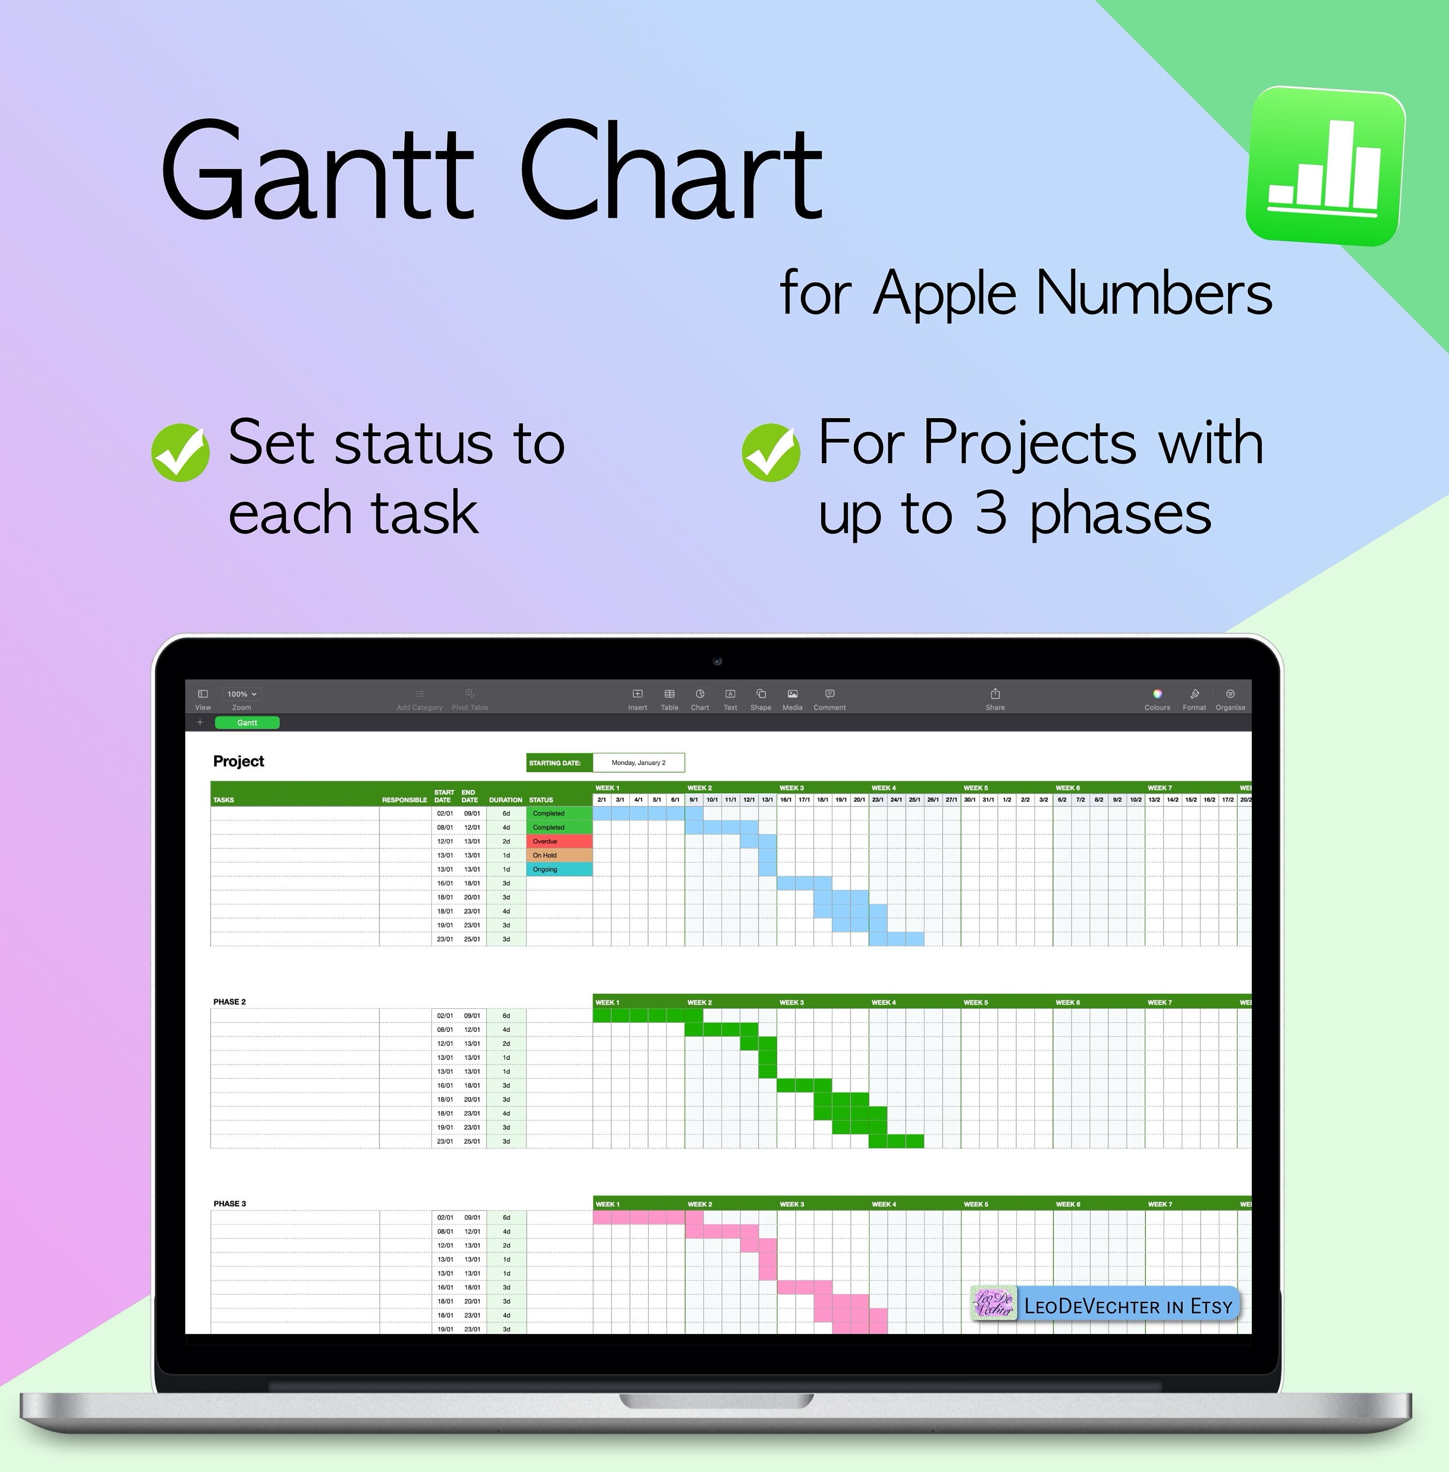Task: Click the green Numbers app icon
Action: pos(1325,166)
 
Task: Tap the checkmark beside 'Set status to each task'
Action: pos(181,452)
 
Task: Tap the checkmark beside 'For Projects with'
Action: pos(771,452)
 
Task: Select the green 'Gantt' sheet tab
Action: pos(247,722)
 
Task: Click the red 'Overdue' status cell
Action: pos(558,841)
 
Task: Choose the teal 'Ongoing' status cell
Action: pos(558,869)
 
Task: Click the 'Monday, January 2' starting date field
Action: pos(638,762)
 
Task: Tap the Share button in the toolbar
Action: pos(995,697)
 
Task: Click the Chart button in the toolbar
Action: pos(699,697)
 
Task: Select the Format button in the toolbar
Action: pos(1194,697)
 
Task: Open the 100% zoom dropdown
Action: pos(241,694)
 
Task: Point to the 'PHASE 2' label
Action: pos(229,1001)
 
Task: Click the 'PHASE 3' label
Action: pos(229,1203)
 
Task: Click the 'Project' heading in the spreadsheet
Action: pos(238,761)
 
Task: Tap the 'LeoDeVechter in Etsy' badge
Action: pos(1105,1306)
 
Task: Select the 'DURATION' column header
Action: pos(505,800)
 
